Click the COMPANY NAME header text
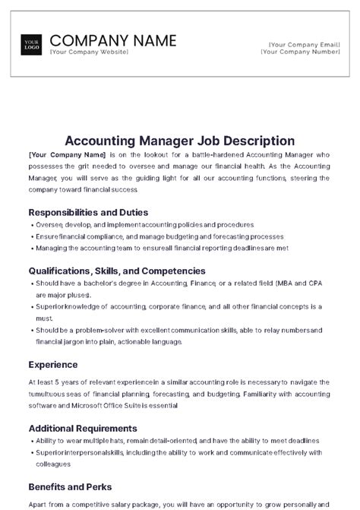tap(112, 40)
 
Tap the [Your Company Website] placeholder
tap(89, 52)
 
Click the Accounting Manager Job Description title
tap(180, 140)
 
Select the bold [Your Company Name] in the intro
tap(67, 154)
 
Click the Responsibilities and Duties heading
tap(88, 212)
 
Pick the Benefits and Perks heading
tap(70, 486)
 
